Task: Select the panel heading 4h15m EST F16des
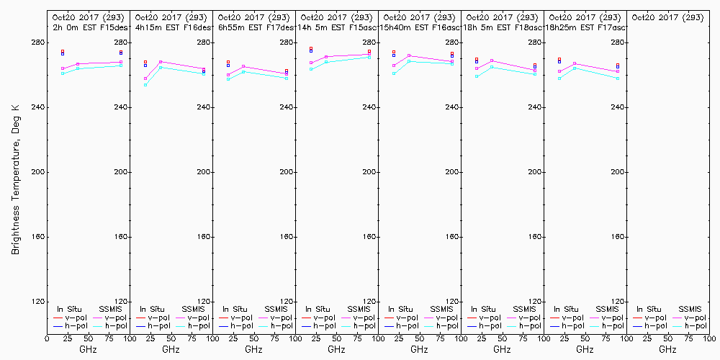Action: [x=172, y=27]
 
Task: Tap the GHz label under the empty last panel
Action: [x=667, y=349]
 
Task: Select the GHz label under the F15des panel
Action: [x=88, y=349]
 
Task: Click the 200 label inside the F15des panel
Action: [x=121, y=172]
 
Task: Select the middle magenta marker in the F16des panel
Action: [x=161, y=62]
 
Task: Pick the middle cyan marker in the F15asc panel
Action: [x=326, y=62]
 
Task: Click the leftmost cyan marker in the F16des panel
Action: [x=145, y=85]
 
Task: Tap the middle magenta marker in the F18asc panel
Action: [x=492, y=60]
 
